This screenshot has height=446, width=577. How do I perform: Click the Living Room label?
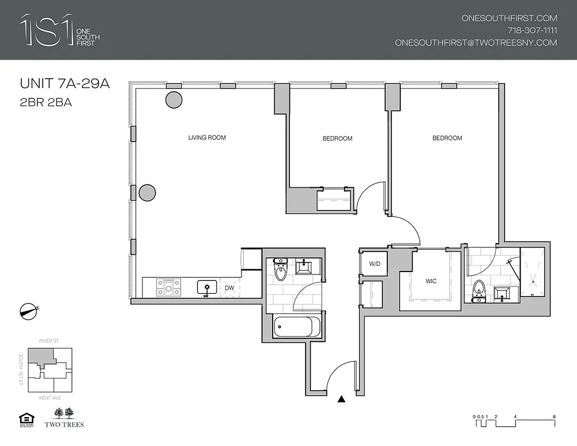tap(207, 138)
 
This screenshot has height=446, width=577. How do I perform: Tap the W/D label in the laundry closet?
tap(374, 264)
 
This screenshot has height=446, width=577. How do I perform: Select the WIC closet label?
tap(431, 282)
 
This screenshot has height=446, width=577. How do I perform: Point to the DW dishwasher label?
tap(229, 288)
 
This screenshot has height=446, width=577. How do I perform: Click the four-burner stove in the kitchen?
tap(168, 288)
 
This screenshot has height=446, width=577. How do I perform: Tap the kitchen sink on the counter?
tap(206, 288)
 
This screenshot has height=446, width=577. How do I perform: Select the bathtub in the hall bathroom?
tap(296, 327)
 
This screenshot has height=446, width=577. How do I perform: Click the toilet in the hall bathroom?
tap(280, 272)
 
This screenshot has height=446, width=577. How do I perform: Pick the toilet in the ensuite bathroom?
tap(478, 290)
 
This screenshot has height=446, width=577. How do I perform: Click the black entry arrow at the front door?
tap(342, 399)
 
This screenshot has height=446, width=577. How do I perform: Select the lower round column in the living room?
tap(147, 193)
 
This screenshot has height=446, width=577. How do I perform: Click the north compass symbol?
tap(28, 310)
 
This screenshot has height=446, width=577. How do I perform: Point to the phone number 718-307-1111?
tap(532, 30)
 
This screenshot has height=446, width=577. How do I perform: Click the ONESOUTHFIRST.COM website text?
tap(509, 18)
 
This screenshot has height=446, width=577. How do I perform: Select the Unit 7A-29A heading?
tap(65, 84)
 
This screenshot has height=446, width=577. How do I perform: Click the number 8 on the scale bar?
tap(554, 416)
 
